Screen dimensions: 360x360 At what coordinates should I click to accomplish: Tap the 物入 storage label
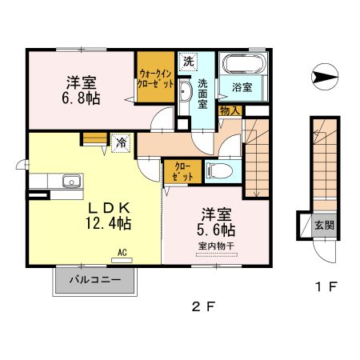click(x=228, y=110)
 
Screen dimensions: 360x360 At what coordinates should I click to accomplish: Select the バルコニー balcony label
click(x=94, y=281)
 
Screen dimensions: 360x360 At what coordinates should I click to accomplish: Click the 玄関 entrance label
click(x=324, y=225)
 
